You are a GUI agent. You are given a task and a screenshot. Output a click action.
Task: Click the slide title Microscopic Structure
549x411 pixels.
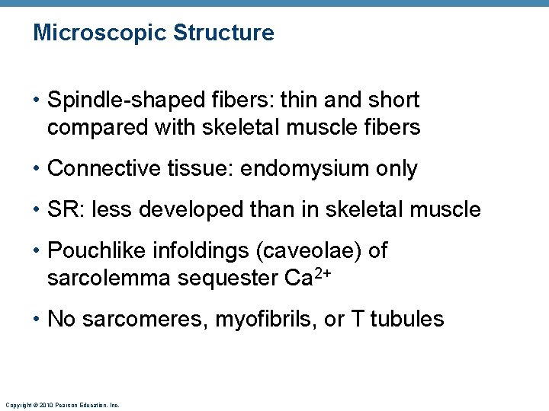pyautogui.click(x=153, y=33)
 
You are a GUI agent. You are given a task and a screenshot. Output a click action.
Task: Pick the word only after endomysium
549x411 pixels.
pyautogui.click(x=394, y=169)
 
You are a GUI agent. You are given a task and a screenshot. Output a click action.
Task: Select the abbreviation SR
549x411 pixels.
pyautogui.click(x=62, y=209)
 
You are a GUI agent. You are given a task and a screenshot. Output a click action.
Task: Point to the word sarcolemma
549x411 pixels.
pyautogui.click(x=107, y=279)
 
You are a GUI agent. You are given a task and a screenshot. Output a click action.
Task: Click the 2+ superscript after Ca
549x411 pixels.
pyautogui.click(x=323, y=273)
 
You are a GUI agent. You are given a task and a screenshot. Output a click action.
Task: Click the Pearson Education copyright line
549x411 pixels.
pyautogui.click(x=62, y=405)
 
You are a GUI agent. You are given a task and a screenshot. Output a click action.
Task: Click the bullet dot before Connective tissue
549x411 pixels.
pyautogui.click(x=37, y=169)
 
